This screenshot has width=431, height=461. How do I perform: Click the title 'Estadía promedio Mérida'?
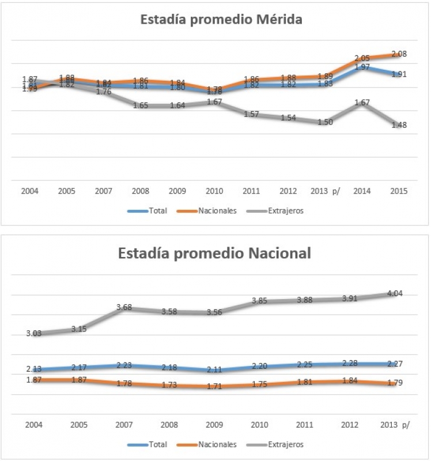coord(222,19)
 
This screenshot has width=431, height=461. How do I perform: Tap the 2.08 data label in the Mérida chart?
coord(398,54)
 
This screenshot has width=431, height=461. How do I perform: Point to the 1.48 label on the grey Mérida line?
coord(399,125)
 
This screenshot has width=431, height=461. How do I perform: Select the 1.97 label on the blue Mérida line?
coord(362,67)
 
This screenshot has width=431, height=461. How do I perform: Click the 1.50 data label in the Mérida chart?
coord(324,122)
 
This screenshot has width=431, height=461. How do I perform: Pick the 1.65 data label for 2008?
coord(141,105)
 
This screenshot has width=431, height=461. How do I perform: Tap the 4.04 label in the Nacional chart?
coord(394,293)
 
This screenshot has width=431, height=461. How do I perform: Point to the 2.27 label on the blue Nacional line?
coord(394,363)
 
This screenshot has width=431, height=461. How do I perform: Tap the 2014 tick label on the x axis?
coord(362,191)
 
